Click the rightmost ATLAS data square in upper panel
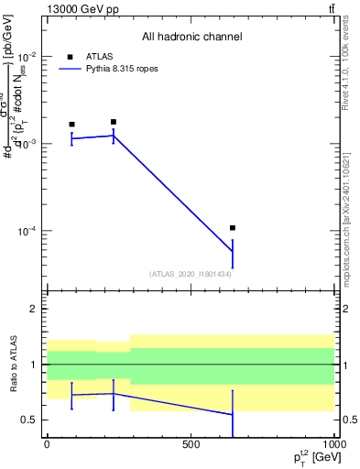233,227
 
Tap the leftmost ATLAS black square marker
71,124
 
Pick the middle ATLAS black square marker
113,121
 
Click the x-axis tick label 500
191,444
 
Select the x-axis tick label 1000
334,444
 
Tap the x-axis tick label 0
46,444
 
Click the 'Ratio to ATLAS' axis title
12,364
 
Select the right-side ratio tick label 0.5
348,420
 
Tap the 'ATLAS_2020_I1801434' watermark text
191,274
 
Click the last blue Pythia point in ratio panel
233,414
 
